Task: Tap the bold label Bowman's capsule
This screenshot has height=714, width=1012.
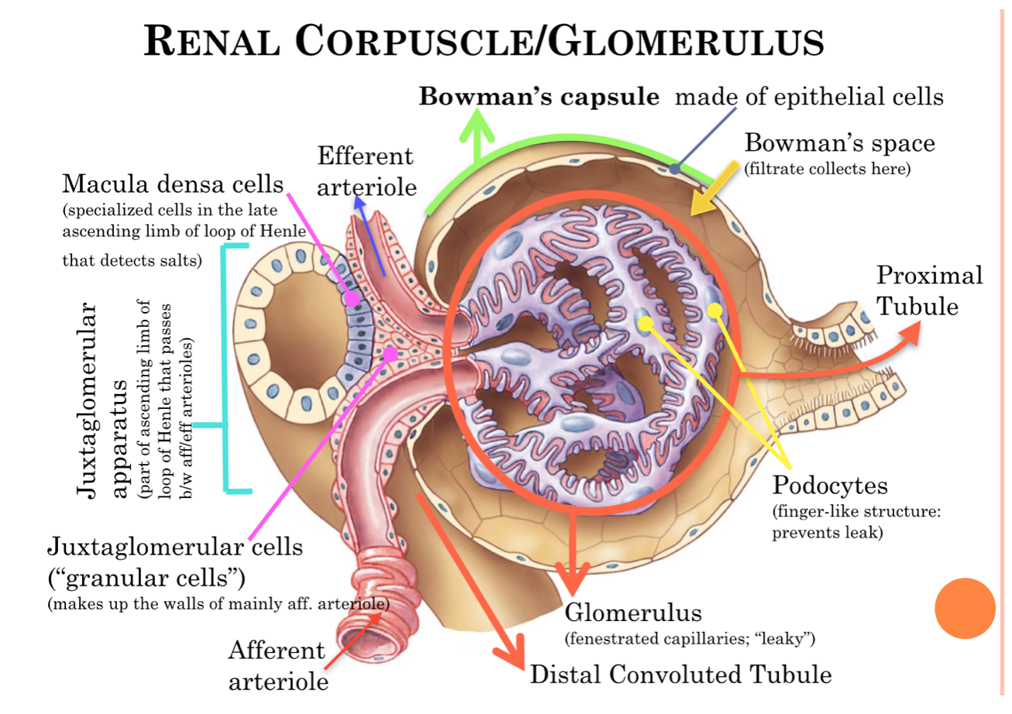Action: (539, 97)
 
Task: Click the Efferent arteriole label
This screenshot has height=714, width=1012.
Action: (366, 171)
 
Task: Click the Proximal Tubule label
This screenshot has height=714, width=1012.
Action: (929, 290)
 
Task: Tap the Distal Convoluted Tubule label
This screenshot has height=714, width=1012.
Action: (680, 674)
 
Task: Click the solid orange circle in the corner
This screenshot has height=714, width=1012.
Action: (965, 609)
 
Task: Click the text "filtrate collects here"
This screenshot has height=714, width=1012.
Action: (827, 169)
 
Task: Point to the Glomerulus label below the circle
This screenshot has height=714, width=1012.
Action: (633, 613)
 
